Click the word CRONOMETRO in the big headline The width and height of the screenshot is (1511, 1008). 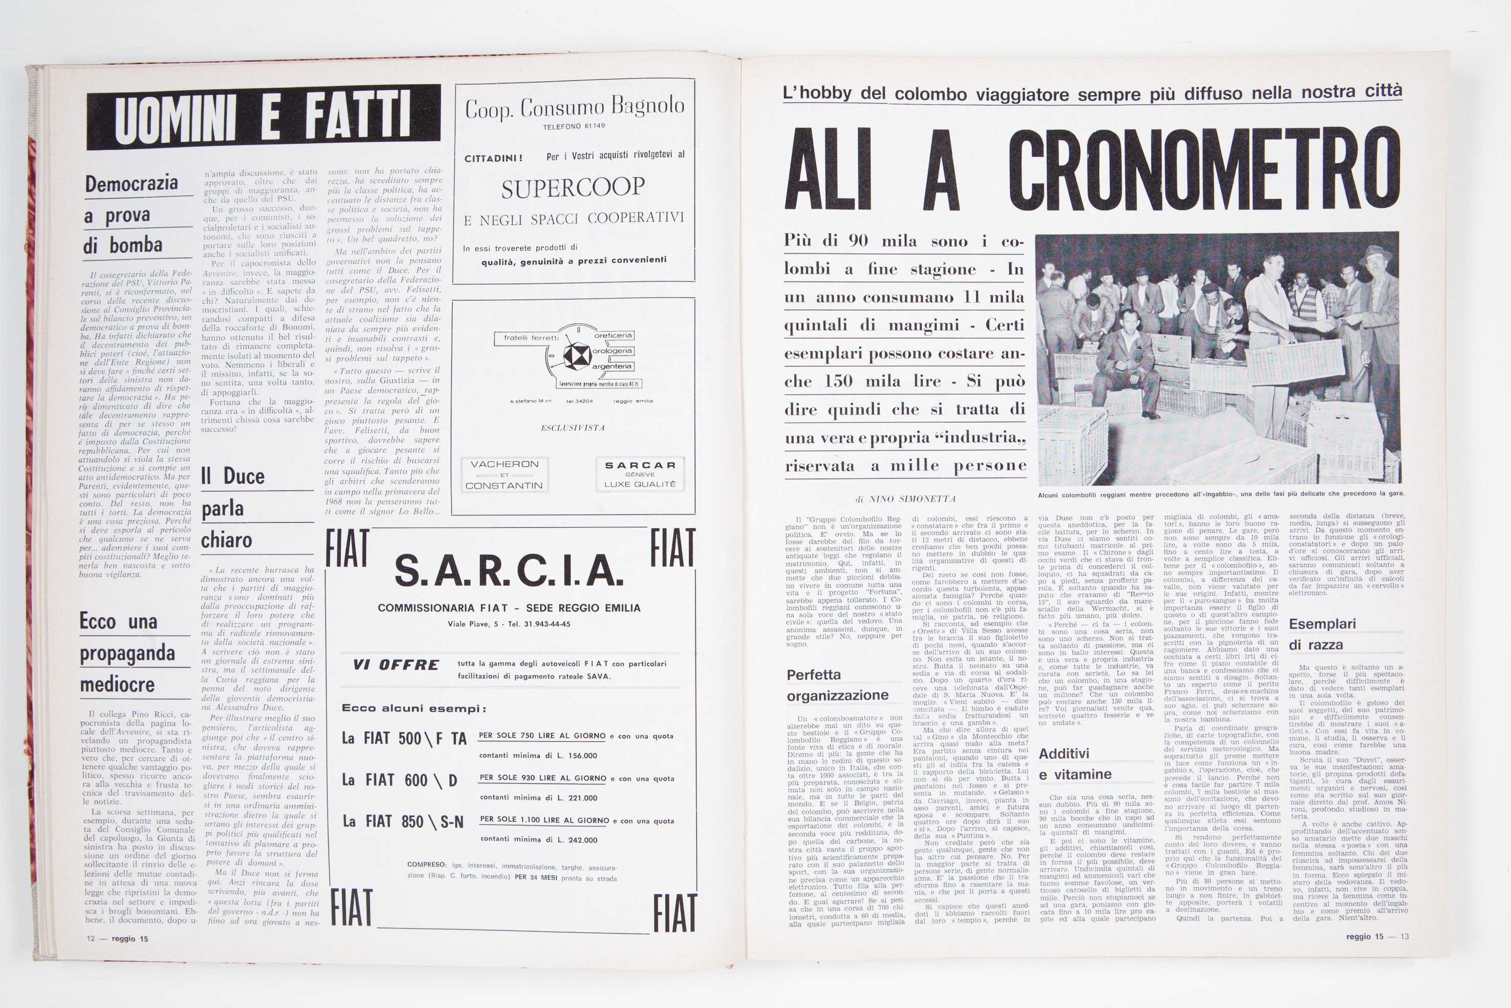tap(1204, 166)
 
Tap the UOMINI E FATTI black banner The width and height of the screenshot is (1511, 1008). tap(264, 119)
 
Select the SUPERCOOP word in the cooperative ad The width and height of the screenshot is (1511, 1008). tap(573, 188)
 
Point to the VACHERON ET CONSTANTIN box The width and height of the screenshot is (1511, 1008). tap(505, 475)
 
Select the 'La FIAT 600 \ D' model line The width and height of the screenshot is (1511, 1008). tap(400, 780)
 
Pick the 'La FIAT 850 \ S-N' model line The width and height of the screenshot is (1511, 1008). tap(403, 822)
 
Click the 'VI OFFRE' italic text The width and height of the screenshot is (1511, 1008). tap(396, 664)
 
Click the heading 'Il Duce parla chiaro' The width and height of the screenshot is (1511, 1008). tap(233, 508)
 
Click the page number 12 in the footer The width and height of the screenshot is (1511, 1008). tap(91, 938)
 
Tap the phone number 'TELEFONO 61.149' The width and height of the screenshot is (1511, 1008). tap(573, 126)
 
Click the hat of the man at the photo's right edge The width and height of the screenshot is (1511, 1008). tap(1377, 253)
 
